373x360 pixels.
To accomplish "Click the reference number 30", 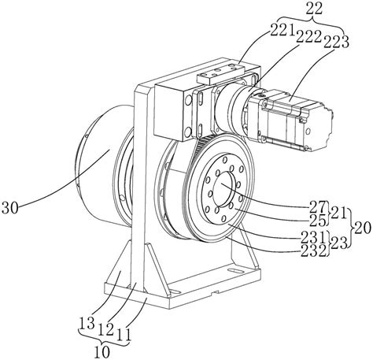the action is tap(10, 208).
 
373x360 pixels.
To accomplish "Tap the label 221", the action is tap(282, 32).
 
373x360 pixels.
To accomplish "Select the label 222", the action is tap(309, 38).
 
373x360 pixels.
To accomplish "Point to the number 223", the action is tap(337, 42).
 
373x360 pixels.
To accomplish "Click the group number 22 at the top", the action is tap(315, 9).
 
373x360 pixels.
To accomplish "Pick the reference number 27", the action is tap(317, 206).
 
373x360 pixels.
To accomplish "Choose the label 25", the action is tap(317, 220).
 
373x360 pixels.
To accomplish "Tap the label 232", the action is tap(314, 251).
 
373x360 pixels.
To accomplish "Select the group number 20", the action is tap(363, 228).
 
